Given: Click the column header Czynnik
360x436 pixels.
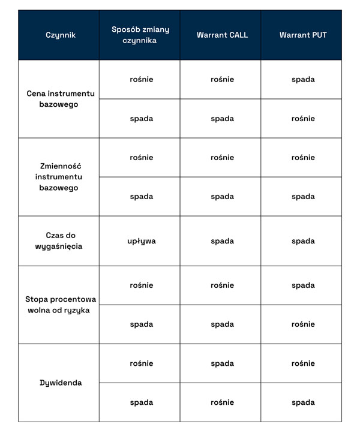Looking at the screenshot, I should (61, 35).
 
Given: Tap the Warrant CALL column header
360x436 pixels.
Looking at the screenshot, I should (222, 35).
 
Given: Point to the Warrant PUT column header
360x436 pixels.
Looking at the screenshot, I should (303, 35).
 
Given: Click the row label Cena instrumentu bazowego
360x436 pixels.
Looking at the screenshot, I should (61, 99).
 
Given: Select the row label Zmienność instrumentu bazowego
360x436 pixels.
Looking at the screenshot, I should (59, 177).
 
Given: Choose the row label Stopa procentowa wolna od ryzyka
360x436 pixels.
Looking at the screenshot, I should (61, 305).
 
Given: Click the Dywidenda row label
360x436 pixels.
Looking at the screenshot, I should (61, 383).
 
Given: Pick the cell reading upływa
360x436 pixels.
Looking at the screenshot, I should (142, 241).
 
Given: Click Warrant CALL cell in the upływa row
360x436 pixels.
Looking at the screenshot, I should (222, 241).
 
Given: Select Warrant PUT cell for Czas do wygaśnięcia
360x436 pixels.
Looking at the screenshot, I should (303, 241).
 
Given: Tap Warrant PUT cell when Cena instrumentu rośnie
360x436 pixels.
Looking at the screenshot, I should (303, 80).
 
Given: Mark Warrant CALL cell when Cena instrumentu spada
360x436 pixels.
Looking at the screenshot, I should (222, 119).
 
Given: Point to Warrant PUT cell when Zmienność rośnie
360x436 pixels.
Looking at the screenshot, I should (303, 158).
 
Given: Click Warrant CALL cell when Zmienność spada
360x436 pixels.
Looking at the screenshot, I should (222, 197).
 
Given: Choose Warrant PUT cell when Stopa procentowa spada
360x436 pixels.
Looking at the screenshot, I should (303, 324).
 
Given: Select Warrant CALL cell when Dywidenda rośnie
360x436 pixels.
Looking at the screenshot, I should (222, 363).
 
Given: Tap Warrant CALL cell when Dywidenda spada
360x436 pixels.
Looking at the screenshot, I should (222, 402).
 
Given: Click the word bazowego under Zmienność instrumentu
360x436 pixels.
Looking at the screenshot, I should (59, 188).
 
